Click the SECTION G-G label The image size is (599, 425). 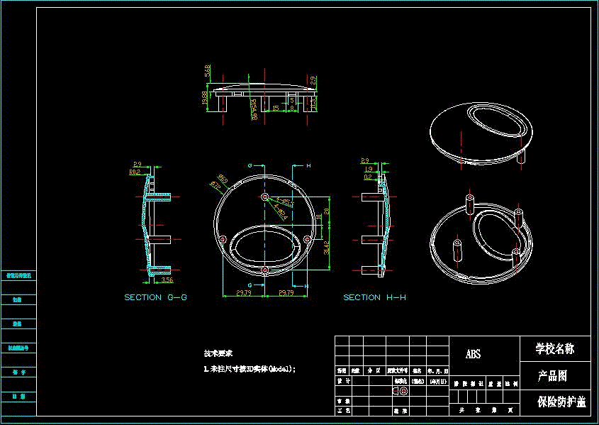coord(155,297)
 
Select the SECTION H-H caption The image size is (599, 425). coord(374,297)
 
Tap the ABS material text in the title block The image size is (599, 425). coord(473,354)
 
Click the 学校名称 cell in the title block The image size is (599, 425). coord(555,348)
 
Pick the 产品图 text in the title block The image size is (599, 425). coord(552,375)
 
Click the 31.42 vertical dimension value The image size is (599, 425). coord(328,248)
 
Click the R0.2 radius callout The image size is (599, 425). coord(134,172)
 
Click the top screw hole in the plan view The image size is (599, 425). coord(264,196)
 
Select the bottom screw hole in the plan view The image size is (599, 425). coord(264,270)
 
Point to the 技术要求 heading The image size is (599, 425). coord(218,353)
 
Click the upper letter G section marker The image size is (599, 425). coord(250,165)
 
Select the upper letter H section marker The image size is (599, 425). coord(308,165)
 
